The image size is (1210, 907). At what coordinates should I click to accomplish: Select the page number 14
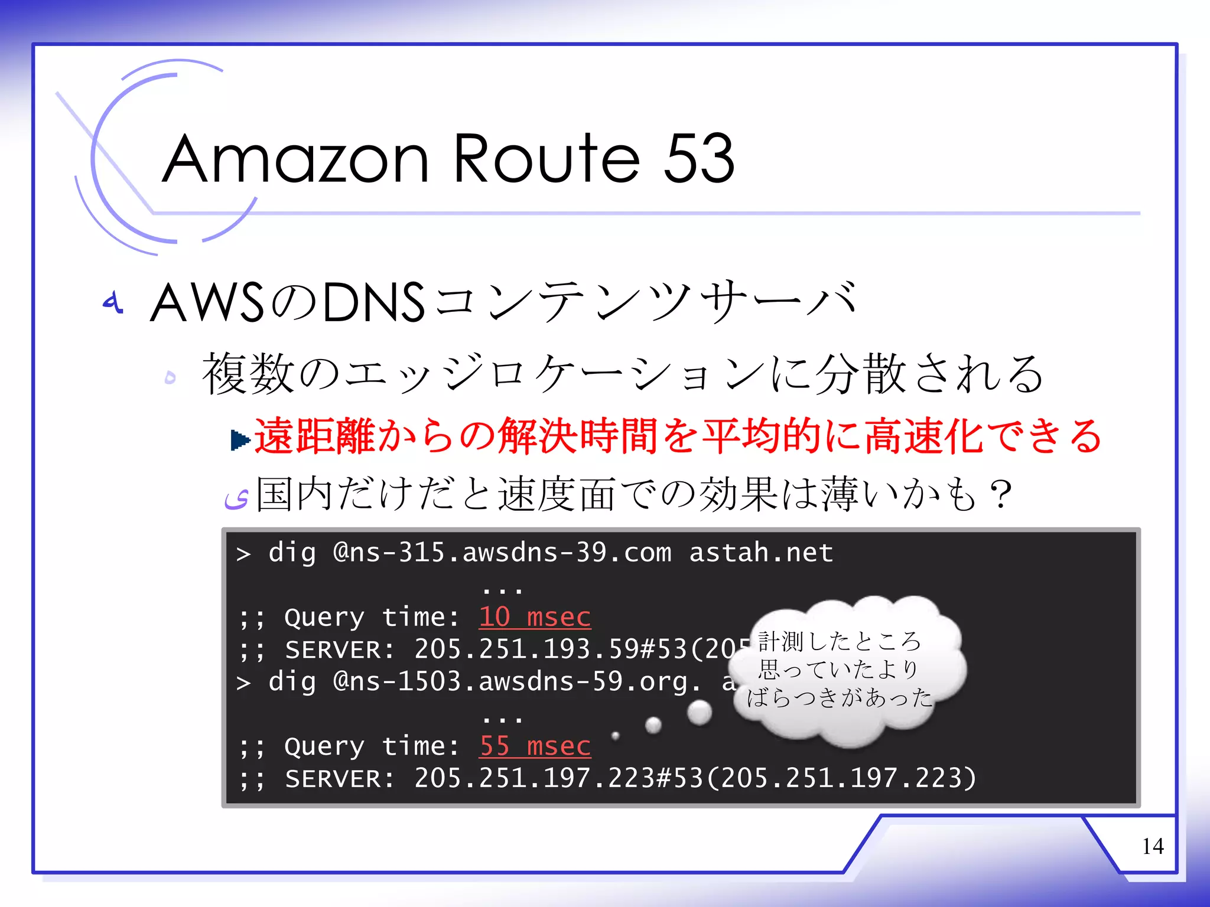point(1153,846)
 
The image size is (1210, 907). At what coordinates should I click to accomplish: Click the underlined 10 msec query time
point(535,617)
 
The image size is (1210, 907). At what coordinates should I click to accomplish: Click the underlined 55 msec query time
point(535,746)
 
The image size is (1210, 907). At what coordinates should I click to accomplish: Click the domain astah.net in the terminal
point(761,553)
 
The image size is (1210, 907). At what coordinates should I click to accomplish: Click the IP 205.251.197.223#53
point(558,778)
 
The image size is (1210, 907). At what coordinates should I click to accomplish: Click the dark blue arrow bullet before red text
point(240,439)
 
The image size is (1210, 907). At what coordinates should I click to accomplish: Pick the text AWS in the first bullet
point(207,302)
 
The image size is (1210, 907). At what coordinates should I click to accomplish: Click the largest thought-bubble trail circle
point(700,712)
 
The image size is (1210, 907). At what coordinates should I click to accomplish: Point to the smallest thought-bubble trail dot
point(615,736)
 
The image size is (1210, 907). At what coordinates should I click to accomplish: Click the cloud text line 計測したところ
point(839,641)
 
